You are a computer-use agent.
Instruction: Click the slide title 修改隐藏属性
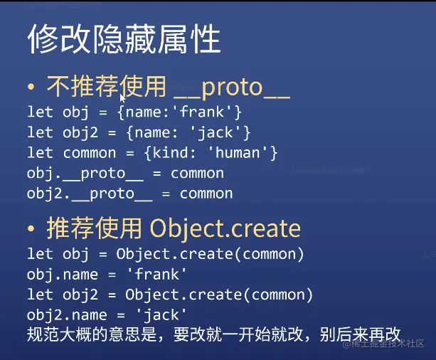point(124,38)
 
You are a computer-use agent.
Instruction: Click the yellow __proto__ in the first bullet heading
point(232,88)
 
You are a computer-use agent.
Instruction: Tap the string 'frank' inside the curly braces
point(202,112)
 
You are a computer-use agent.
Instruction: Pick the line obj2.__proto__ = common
point(130,194)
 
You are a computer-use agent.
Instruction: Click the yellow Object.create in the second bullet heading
point(225,229)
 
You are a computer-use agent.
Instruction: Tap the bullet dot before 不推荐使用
point(31,87)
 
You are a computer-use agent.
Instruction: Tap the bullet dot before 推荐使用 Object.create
point(31,228)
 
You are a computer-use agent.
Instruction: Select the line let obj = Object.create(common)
point(166,254)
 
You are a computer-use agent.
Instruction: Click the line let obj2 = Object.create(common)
point(170,295)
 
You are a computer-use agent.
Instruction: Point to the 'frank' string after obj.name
point(156,275)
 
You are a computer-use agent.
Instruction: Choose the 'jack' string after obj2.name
point(161,315)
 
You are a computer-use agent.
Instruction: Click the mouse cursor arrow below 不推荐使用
point(122,99)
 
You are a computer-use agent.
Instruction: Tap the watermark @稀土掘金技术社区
point(383,344)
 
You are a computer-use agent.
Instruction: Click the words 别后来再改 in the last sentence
point(360,334)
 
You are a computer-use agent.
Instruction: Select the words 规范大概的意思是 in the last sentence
point(92,334)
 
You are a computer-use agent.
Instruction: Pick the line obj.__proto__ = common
point(125,174)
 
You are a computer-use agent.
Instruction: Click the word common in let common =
point(89,153)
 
